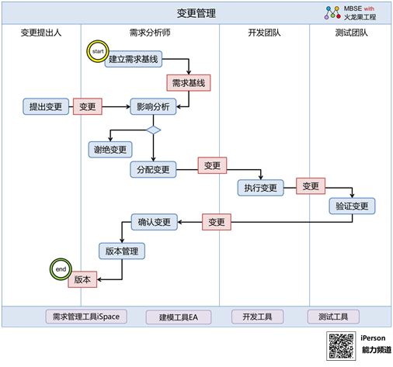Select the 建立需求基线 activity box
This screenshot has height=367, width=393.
(134, 59)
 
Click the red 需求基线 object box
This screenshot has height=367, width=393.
(189, 83)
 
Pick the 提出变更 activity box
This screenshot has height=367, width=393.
(46, 106)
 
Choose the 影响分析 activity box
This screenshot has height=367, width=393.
(153, 106)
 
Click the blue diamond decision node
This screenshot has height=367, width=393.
(154, 130)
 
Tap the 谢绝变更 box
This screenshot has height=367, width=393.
(110, 150)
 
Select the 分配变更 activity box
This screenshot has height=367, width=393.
(153, 170)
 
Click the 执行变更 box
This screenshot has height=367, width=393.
(261, 188)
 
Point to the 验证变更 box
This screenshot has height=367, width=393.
(352, 206)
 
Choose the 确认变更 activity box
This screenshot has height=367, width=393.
(155, 222)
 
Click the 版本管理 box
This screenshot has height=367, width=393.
(122, 251)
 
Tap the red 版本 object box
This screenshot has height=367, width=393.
(82, 279)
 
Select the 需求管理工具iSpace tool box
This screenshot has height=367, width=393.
(86, 317)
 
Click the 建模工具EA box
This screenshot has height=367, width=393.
(179, 317)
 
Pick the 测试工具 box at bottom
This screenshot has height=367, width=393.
(333, 317)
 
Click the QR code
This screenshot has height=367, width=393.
(341, 346)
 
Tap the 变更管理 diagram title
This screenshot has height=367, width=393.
(196, 13)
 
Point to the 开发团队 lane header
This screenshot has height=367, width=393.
(264, 33)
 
